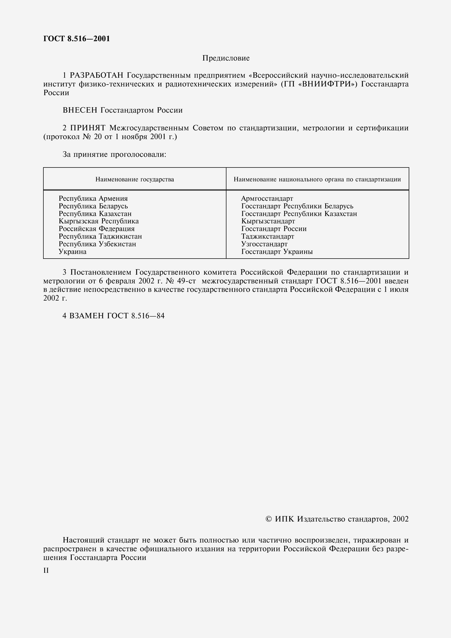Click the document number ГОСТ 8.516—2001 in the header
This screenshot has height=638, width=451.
76,39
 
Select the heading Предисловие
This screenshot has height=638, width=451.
226,58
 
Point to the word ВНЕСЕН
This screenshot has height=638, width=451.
80,110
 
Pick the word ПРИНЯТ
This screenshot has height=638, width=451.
88,128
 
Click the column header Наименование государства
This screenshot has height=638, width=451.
135,179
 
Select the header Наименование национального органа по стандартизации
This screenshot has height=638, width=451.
317,179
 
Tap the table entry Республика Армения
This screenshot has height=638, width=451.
93,198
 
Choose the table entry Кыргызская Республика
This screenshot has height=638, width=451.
99,221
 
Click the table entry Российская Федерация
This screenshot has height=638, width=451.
96,229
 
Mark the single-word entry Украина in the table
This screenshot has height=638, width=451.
73,252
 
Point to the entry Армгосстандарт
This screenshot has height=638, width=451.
267,198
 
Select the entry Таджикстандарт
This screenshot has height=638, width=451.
268,236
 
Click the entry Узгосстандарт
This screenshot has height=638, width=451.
264,244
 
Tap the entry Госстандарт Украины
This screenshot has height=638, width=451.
277,252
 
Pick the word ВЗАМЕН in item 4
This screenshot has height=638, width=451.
87,316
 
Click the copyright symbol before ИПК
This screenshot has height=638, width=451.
269,519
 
